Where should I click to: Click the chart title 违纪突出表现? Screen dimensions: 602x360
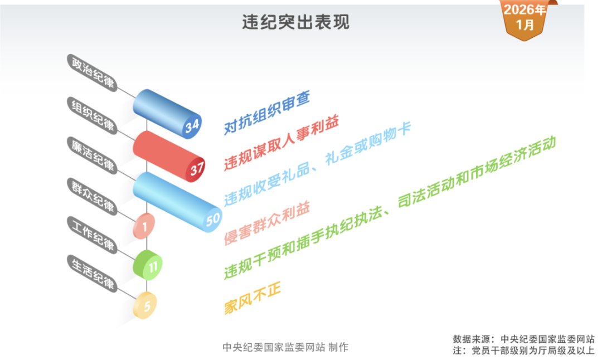(295, 22)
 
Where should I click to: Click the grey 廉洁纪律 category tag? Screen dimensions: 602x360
(92, 155)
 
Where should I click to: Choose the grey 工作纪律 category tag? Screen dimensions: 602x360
(92, 235)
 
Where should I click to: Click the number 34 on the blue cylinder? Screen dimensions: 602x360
(192, 125)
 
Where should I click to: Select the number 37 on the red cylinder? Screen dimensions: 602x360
(197, 169)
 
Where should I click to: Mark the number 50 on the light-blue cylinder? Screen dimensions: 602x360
(213, 220)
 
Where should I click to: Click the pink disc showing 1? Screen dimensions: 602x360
(144, 226)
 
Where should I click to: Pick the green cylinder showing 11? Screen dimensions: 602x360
(148, 265)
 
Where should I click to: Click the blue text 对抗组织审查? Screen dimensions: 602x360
(267, 113)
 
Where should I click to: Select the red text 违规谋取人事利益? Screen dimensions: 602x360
(281, 143)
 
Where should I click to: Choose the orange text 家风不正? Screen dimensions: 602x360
(253, 298)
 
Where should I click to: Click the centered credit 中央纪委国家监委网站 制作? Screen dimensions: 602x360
(285, 347)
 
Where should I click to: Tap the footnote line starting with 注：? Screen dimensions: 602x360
(523, 351)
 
